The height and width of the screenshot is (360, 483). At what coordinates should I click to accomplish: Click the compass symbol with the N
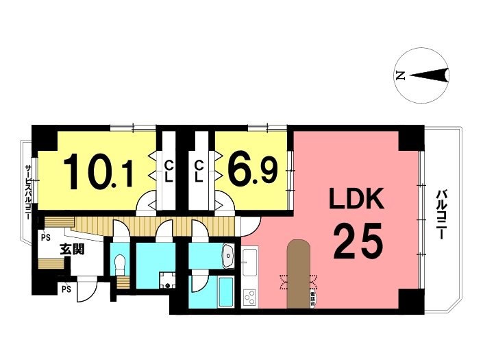tap(423, 75)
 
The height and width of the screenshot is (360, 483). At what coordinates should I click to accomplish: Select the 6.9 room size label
tap(253, 170)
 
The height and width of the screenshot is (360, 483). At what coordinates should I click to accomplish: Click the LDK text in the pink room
tap(356, 200)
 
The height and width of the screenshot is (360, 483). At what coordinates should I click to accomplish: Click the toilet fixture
tap(120, 263)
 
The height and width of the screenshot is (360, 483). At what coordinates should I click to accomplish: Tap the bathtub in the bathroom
tap(225, 291)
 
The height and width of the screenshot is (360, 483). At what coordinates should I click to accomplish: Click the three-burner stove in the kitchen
tap(249, 298)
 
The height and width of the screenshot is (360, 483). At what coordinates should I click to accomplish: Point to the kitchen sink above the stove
tap(249, 261)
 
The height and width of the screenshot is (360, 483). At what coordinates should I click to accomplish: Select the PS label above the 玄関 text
tap(46, 237)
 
